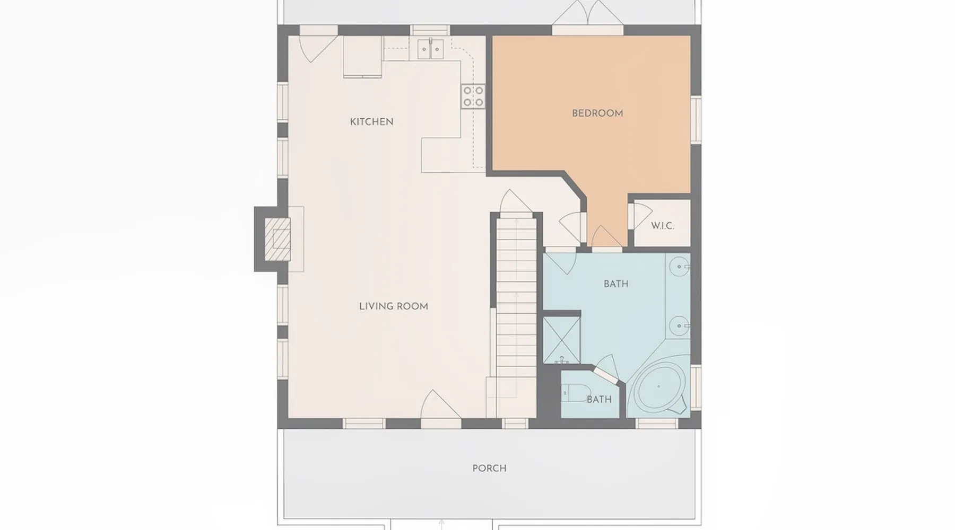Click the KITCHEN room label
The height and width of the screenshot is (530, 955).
[371, 122]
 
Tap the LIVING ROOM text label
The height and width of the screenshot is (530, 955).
[393, 306]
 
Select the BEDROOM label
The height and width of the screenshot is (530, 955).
[597, 113]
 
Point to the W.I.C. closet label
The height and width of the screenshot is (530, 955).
[662, 226]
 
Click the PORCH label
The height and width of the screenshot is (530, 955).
[489, 469]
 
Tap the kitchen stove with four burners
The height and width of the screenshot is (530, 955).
[473, 96]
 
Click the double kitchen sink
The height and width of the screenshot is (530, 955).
[430, 49]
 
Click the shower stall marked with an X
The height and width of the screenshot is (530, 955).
[561, 340]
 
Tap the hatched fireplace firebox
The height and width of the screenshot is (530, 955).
[281, 239]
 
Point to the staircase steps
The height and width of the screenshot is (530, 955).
[517, 297]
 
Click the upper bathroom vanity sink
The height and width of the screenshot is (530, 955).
[679, 267]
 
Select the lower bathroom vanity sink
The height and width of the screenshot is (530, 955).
[679, 326]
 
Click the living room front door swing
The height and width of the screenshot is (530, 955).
[440, 405]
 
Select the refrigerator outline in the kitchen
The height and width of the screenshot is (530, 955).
[363, 56]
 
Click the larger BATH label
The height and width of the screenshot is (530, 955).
[616, 284]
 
